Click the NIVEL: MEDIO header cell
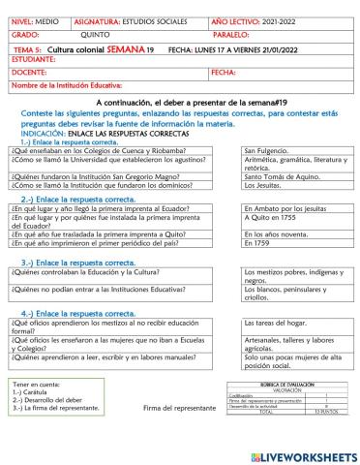click(37, 20)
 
